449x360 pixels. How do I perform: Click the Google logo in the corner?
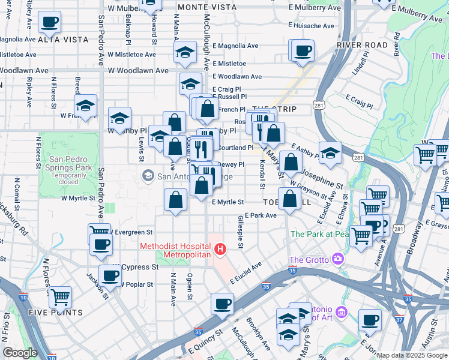point(20,353)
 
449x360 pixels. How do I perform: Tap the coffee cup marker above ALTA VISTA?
point(50,23)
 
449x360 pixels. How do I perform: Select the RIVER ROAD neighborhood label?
point(362,45)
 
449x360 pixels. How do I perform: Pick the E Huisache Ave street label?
point(311,26)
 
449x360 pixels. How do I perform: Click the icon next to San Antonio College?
point(147,176)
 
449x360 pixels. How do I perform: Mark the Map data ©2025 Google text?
point(412,355)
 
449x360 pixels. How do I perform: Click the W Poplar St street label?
point(140,283)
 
